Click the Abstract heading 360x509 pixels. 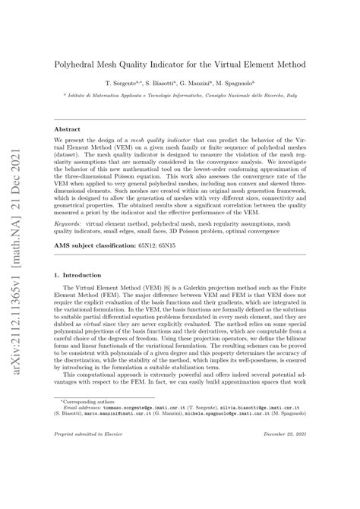[66, 130]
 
